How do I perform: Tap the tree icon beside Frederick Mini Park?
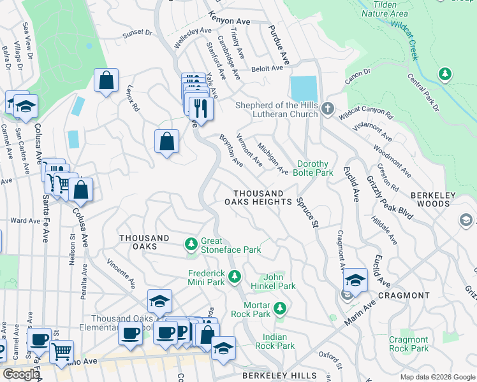[x=235, y=276]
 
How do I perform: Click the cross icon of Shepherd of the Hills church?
[x=328, y=108]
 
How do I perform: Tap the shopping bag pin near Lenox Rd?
[x=106, y=81]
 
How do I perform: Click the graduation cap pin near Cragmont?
[x=355, y=280]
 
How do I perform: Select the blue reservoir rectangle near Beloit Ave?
[x=303, y=88]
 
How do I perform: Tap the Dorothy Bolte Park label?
[x=314, y=168]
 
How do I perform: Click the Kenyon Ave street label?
[x=230, y=21]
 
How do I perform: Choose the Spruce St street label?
[x=307, y=212]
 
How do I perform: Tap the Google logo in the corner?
[x=21, y=374]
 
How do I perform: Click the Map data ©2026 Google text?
[x=437, y=376]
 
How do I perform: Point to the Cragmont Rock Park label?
[x=409, y=344]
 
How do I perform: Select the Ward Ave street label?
[x=26, y=221]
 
